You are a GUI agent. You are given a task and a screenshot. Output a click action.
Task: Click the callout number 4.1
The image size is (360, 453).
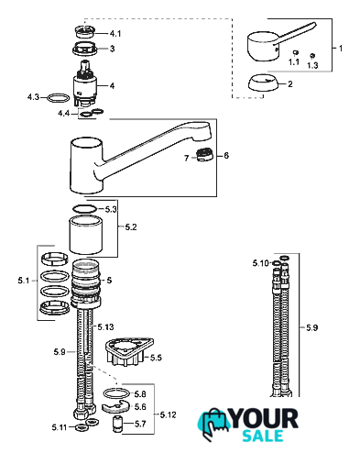tap(115, 33)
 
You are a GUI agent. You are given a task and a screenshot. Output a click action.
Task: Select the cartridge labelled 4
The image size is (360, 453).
tap(85, 84)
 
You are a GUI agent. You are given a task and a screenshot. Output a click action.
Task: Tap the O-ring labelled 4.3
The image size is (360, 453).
tap(59, 98)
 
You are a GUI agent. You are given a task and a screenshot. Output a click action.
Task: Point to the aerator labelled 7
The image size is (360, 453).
tap(205, 154)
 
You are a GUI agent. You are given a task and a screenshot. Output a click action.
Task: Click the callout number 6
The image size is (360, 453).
tap(226, 156)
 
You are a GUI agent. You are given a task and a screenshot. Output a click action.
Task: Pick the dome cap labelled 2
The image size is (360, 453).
tap(263, 83)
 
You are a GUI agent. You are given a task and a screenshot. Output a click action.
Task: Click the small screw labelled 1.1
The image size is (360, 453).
tap(295, 53)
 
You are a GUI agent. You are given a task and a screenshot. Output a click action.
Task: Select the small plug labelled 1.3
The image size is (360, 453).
tap(312, 56)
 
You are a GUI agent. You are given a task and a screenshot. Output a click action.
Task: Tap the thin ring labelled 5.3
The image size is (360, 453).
tap(84, 209)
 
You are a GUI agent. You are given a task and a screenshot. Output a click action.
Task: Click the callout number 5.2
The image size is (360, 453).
tap(131, 227)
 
